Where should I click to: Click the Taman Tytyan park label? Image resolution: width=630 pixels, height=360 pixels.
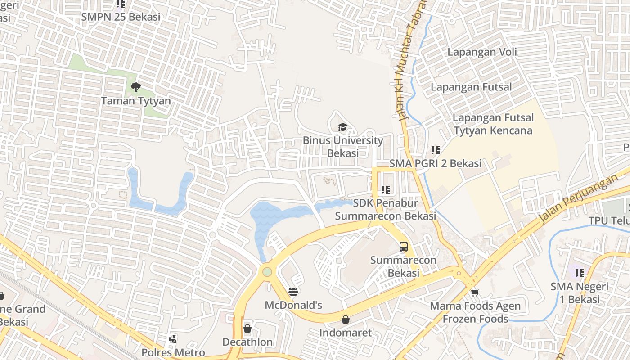[x=136, y=101]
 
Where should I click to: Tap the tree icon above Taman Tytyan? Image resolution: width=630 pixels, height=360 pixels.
[x=135, y=87]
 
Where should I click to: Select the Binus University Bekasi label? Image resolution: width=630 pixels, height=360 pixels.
[x=343, y=147]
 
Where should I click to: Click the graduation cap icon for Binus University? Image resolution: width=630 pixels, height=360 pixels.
[x=343, y=127]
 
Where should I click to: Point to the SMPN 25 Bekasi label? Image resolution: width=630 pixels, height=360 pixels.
[x=121, y=17]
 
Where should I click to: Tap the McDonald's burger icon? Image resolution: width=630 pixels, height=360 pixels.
[x=293, y=292]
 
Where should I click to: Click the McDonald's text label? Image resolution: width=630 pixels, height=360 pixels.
[x=293, y=305]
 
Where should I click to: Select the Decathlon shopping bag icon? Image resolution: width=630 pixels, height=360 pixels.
[x=247, y=328]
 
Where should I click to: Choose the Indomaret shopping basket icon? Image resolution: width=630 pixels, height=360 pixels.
[x=345, y=319]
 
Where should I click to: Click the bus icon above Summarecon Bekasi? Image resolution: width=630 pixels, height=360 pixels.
[x=404, y=246]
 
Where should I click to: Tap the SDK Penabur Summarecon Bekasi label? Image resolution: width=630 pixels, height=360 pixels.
[x=386, y=210]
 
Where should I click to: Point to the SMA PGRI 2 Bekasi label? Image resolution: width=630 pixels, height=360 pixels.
[x=435, y=163]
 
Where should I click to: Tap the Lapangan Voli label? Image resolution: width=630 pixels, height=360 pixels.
[x=482, y=52]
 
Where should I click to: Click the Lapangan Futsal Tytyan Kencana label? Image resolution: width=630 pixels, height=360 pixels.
[x=493, y=124]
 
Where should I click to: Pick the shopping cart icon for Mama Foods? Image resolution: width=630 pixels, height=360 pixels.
[x=475, y=292]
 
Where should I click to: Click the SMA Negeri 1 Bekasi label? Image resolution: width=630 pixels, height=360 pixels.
[x=580, y=293]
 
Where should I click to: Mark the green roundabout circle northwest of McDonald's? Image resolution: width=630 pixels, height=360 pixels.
[x=267, y=272]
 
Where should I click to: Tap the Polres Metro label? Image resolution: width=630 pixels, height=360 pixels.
[x=173, y=352]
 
